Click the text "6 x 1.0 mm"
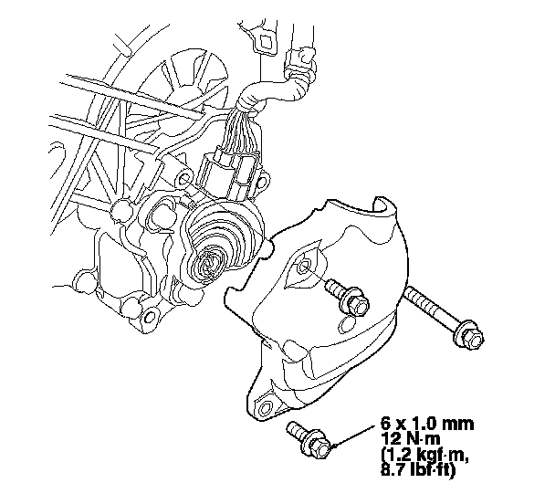pos(427,424)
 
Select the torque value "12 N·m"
pos(411,439)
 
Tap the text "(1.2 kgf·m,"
pos(425,456)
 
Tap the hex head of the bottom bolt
pos(320,449)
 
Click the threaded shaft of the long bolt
pos(431,307)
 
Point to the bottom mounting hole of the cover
pos(267,408)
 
